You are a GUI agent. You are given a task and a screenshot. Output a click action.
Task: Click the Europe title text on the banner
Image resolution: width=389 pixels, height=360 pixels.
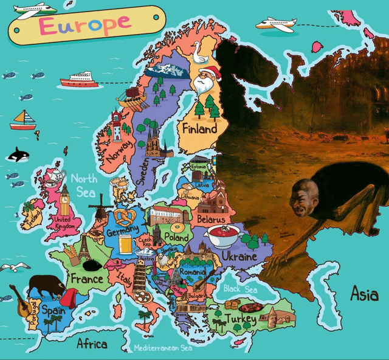click(x=85, y=24)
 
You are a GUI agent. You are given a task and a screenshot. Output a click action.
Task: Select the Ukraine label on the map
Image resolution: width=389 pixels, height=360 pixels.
click(x=239, y=257)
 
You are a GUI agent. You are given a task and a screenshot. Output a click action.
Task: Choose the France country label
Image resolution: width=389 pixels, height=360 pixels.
click(x=87, y=279)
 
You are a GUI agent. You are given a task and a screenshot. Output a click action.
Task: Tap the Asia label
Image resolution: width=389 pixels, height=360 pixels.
click(x=364, y=294)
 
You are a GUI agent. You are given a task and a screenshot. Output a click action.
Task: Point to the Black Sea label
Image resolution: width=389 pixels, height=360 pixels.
click(x=240, y=289)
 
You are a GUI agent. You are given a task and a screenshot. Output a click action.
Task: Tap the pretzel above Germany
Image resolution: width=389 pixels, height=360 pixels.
click(x=119, y=217)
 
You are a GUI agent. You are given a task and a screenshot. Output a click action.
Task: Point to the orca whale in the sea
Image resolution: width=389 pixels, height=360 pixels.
click(x=18, y=156)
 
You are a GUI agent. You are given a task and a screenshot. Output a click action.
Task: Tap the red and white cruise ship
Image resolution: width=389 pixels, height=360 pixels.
click(x=79, y=80)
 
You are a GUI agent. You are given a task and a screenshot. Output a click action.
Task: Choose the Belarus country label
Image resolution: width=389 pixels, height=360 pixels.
click(x=210, y=218)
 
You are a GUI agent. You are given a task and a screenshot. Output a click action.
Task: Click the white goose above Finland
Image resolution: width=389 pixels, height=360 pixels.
click(x=200, y=56)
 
